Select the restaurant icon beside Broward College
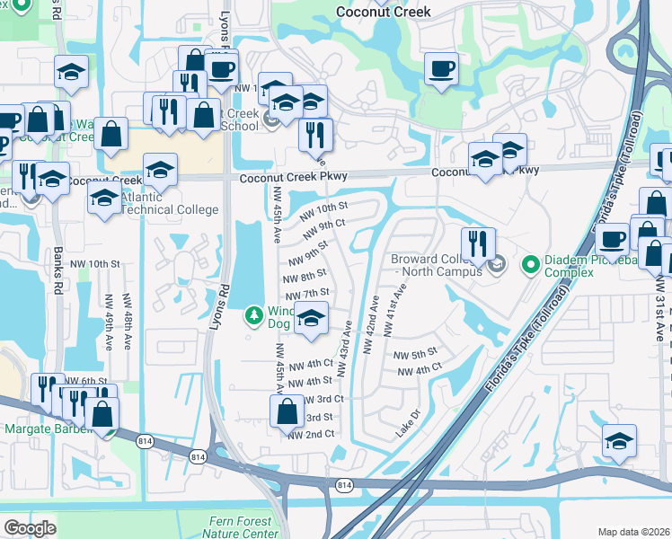tap(478, 243)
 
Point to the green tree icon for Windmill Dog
tap(254, 315)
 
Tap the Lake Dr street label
tap(408, 425)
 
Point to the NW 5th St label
tap(415, 352)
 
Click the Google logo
tap(30, 528)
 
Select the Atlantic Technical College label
tap(169, 203)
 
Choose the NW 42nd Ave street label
tap(368, 326)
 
